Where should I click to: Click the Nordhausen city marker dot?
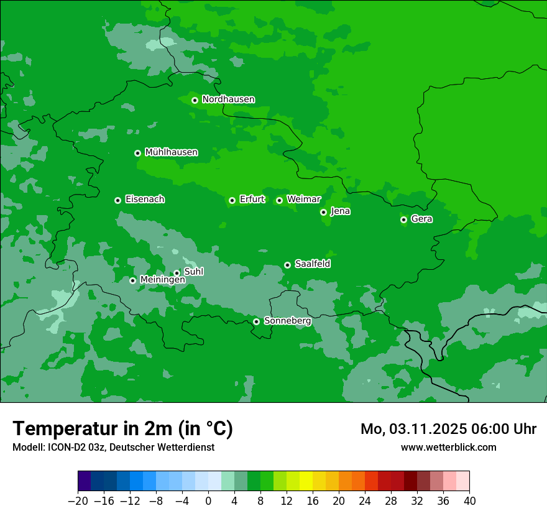pyautogui.click(x=195, y=100)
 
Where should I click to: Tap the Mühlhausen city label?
pyautogui.click(x=171, y=152)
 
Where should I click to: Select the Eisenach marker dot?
pyautogui.click(x=117, y=200)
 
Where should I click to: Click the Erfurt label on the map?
pyautogui.click(x=252, y=200)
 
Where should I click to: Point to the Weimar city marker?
pyautogui.click(x=279, y=200)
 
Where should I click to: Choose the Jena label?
pyautogui.click(x=340, y=211)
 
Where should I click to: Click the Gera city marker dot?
pyautogui.click(x=403, y=219)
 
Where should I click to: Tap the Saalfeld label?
pyautogui.click(x=312, y=264)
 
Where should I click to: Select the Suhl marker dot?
pyautogui.click(x=177, y=273)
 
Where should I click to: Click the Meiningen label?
pyautogui.click(x=162, y=280)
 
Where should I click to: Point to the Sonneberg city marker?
pyautogui.click(x=256, y=321)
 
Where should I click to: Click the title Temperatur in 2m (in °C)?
pyautogui.click(x=122, y=429)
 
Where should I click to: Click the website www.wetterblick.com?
pyautogui.click(x=448, y=447)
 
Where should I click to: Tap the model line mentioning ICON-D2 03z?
pyautogui.click(x=113, y=447)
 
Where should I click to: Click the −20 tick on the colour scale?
pyautogui.click(x=78, y=501)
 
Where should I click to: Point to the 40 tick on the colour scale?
pyautogui.click(x=469, y=501)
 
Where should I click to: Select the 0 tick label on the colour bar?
pyautogui.click(x=208, y=501)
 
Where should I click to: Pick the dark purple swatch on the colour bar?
pyautogui.click(x=85, y=481)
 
